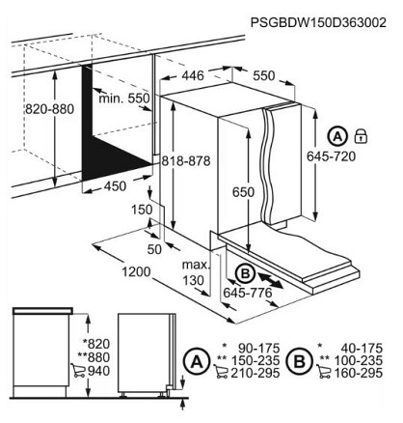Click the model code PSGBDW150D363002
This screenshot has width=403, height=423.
click(318, 22)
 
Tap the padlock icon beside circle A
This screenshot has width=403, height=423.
click(361, 136)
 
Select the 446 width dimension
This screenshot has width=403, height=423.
click(193, 75)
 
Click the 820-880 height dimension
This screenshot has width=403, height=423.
click(49, 109)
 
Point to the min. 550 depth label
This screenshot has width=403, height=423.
click(124, 98)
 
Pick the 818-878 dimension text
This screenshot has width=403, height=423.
click(186, 160)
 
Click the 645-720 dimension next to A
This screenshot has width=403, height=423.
click(332, 156)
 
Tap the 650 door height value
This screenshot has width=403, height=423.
click(243, 192)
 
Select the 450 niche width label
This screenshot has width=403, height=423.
click(115, 186)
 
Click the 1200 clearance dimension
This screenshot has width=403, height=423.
click(136, 272)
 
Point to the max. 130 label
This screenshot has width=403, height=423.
click(196, 272)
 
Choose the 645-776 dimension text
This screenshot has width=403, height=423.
click(248, 293)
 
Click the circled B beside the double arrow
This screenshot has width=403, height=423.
click(245, 274)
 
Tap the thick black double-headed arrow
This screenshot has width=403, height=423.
click(270, 280)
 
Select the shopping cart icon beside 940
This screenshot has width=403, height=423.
click(78, 370)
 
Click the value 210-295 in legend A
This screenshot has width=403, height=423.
click(255, 373)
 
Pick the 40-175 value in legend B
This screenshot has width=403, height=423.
click(362, 349)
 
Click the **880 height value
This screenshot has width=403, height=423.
click(94, 357)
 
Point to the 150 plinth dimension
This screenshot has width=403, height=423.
click(142, 210)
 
